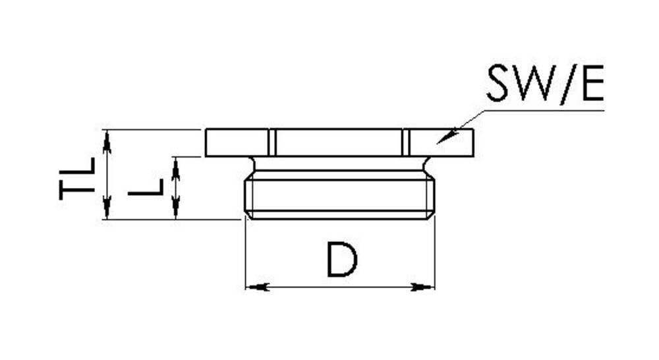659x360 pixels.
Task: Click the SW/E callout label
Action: coord(545,83)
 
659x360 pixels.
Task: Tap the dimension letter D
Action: coord(342,260)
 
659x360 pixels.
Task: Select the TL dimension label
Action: coord(77,178)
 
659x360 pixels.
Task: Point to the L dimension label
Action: coord(146,187)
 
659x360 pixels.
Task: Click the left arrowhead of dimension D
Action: coord(257,287)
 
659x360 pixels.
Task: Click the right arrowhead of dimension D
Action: coord(422,287)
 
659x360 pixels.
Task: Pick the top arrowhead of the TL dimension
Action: coord(107,142)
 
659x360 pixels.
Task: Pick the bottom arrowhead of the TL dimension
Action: coord(107,207)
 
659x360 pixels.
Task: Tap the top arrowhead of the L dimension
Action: coord(176,169)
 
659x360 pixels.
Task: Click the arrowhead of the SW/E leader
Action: coord(446,136)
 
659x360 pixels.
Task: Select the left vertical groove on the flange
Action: coord(272,142)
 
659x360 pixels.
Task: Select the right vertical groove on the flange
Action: coord(405,142)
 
